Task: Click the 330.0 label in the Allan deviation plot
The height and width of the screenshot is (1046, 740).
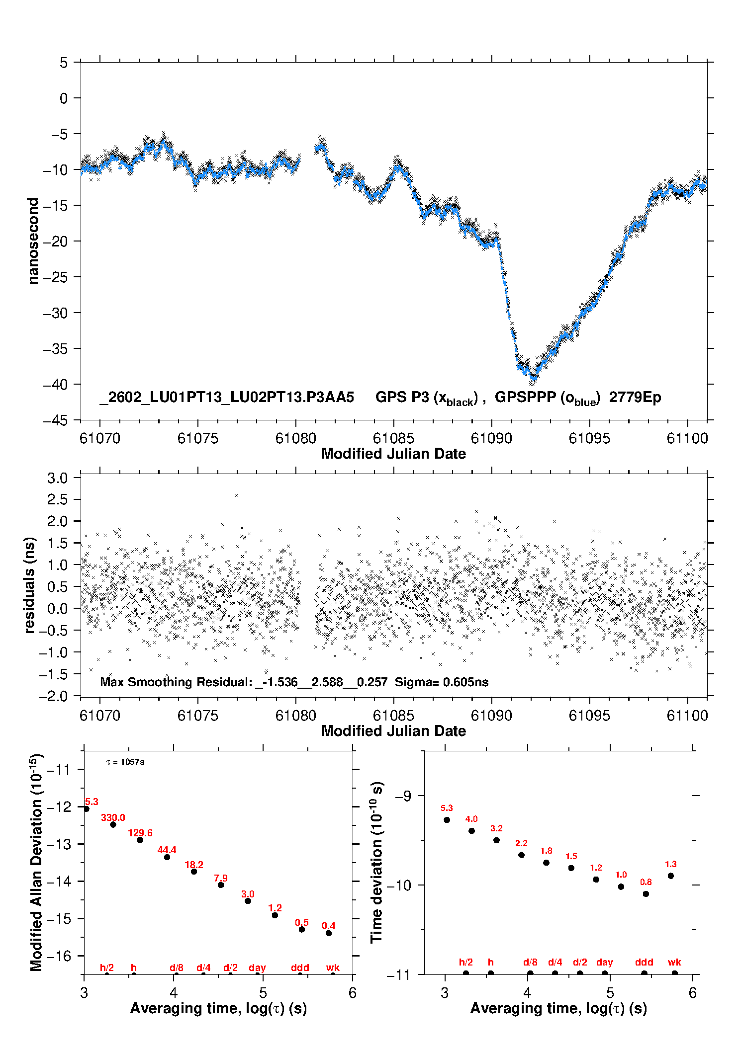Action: click(113, 817)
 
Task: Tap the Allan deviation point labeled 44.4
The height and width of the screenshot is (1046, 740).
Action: click(167, 857)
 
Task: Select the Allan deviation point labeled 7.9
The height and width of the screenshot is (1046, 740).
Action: click(221, 885)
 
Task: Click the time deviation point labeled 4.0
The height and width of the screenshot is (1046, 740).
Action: click(471, 831)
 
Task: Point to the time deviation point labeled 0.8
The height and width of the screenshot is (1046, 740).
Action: click(646, 894)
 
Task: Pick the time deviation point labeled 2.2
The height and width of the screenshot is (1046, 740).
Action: click(521, 855)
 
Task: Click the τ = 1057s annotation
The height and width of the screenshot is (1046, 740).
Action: click(125, 762)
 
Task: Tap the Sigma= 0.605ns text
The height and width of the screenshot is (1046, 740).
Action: click(442, 682)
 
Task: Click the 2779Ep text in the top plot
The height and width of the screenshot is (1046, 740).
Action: click(635, 398)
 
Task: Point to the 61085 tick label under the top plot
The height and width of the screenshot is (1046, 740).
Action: click(393, 438)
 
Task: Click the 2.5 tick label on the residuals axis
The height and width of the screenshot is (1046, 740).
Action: click(57, 499)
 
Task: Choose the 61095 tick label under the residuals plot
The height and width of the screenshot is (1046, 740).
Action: click(589, 716)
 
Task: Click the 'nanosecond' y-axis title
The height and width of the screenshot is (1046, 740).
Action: click(33, 241)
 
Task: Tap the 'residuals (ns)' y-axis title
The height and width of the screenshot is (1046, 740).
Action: click(30, 585)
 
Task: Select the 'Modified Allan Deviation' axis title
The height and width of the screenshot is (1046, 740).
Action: click(36, 862)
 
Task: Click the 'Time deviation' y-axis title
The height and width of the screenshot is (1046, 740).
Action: click(376, 862)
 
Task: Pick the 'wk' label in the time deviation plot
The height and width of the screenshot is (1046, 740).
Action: click(674, 963)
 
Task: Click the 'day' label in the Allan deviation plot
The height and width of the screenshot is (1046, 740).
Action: click(257, 967)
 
